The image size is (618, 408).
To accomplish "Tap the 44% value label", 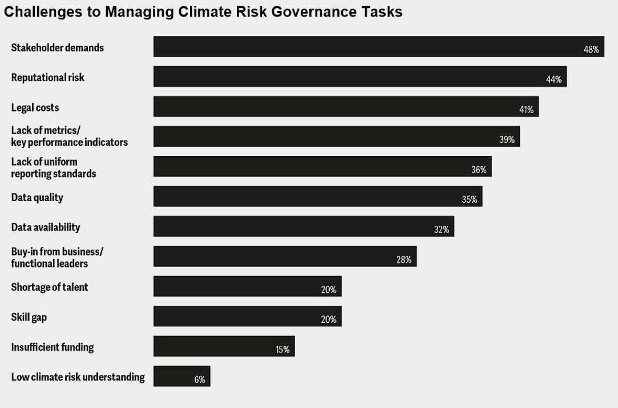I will pos(554,79).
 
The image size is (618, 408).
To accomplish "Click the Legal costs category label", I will pos(35,107).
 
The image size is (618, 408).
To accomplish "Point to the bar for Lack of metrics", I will pos(336,137).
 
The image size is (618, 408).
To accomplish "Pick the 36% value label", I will pos(479,170).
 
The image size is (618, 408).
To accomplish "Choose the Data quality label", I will pos(37,198).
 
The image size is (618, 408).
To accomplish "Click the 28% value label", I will pos(404,259).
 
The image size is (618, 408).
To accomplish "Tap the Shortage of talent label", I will pos(50,287).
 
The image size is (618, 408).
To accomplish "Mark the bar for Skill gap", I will pos(247,316).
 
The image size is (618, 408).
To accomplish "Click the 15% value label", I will pos(282,349).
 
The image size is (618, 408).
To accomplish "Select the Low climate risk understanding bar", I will pos(181,376).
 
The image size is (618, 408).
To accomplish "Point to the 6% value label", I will pos(200,379).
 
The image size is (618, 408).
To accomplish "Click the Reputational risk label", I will pos(48,77).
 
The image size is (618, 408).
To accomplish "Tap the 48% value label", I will pos(591,50).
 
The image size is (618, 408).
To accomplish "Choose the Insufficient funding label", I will pos(52,347).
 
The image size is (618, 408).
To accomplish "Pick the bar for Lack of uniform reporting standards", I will pos(322,166).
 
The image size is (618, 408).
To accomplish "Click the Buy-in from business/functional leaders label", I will pos(57,257).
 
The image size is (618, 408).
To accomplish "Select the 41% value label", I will pos(526,110).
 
